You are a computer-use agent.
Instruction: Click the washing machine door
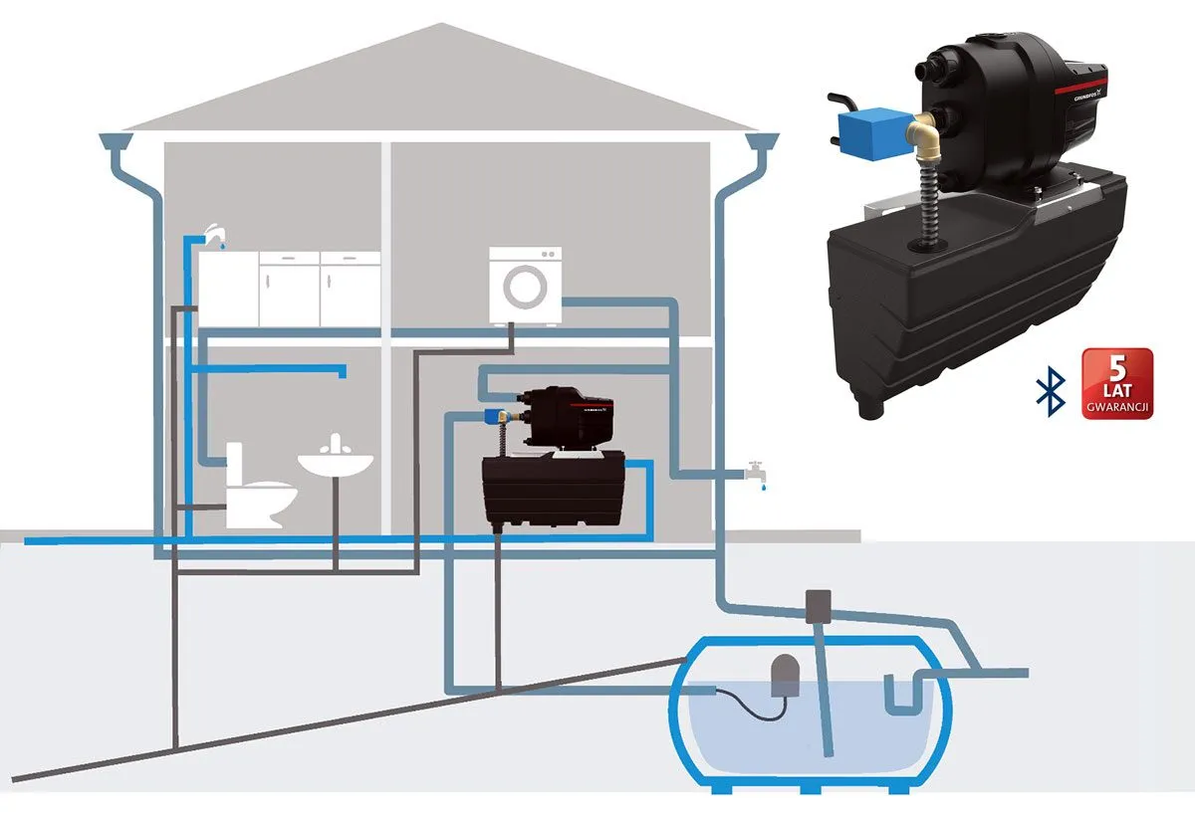pos(525,286)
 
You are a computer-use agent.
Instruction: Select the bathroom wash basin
pos(336,463)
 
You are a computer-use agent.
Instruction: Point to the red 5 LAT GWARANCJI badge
pos(1116,383)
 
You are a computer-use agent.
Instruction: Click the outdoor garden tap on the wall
pos(757,471)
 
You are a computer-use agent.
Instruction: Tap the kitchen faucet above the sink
pos(212,235)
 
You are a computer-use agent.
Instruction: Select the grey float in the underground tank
pos(784,675)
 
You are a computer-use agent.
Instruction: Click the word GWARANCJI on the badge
pos(1116,407)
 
